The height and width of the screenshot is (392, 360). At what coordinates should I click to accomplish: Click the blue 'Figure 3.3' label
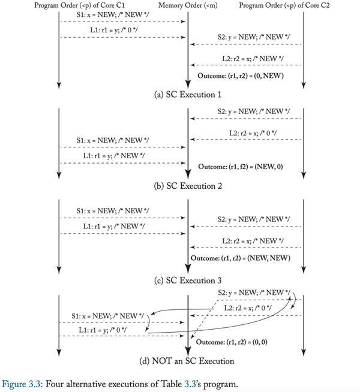pos(20,382)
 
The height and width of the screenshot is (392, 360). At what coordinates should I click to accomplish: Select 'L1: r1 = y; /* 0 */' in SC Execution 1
pos(106,29)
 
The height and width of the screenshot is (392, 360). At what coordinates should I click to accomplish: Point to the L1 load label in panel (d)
pos(106,330)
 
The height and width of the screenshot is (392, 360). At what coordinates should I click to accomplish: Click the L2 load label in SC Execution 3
pos(255,240)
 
